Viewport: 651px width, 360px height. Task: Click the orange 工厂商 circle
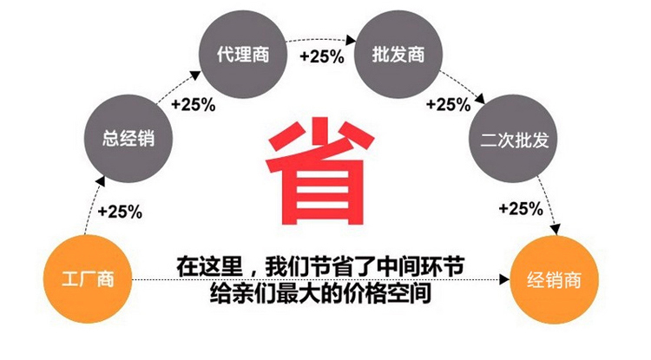[88, 279]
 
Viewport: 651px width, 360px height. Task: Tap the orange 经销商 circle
[554, 279]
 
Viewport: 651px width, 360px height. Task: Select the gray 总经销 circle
[128, 139]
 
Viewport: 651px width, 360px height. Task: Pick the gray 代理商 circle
[243, 55]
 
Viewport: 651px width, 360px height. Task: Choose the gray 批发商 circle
[398, 55]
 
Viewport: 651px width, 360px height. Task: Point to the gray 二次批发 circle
[513, 139]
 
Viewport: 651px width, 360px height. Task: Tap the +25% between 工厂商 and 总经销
[120, 212]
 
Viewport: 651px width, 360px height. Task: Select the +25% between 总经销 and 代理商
[193, 104]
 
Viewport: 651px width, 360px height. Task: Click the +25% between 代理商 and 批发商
[322, 56]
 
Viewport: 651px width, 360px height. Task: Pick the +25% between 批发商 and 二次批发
[449, 104]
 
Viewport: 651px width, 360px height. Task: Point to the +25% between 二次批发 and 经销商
[521, 208]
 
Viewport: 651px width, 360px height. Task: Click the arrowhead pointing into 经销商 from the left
[504, 279]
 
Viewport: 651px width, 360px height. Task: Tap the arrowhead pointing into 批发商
[351, 40]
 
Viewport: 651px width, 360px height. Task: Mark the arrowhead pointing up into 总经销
[100, 181]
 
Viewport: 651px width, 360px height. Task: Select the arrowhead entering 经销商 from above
[556, 230]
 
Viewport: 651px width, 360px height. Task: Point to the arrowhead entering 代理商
[195, 75]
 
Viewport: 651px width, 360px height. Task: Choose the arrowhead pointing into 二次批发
[480, 99]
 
